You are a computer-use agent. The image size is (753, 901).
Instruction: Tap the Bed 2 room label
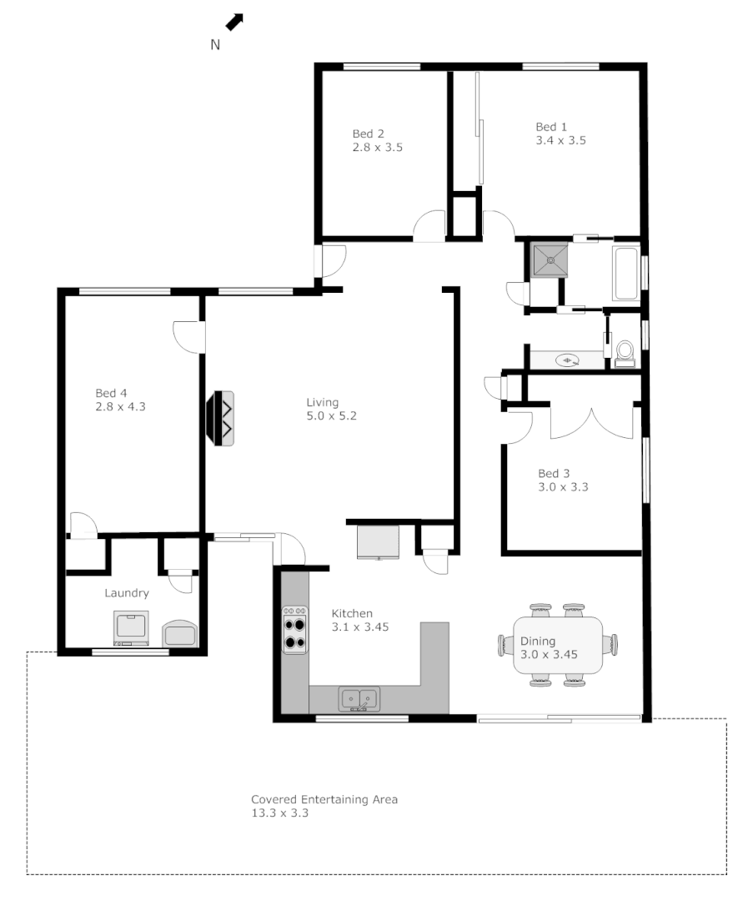[368, 133]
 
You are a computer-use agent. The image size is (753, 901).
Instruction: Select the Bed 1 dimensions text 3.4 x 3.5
[560, 141]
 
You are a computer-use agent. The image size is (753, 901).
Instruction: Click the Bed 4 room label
[111, 393]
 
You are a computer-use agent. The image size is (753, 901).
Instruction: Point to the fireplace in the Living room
[223, 418]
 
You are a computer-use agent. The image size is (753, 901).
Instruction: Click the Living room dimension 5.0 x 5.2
[331, 416]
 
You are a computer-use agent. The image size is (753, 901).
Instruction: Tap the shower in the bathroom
[550, 259]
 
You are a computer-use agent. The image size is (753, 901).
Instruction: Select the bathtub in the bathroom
[625, 274]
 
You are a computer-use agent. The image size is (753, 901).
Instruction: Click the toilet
[624, 352]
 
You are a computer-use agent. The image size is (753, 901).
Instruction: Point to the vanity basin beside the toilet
[568, 360]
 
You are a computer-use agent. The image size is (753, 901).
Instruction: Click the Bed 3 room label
[554, 473]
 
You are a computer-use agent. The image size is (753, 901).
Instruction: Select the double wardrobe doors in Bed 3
[592, 421]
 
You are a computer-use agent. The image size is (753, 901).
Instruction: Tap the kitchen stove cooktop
[294, 629]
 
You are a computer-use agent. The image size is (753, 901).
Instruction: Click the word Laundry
[127, 593]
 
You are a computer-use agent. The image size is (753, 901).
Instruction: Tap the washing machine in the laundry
[131, 628]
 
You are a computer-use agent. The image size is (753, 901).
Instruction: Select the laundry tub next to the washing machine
[180, 632]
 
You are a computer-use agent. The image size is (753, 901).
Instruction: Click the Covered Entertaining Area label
[324, 799]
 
